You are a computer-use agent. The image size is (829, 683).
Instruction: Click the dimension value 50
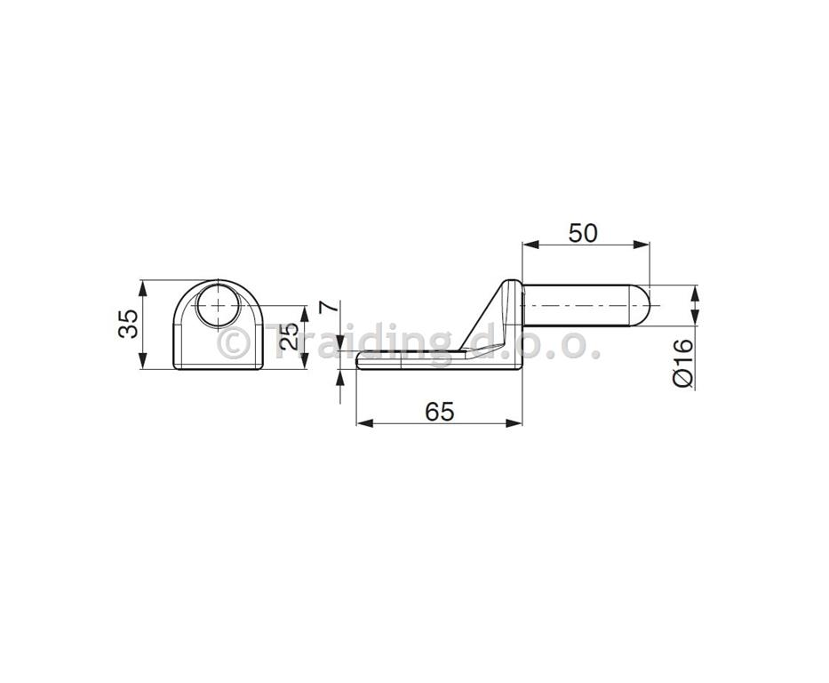click(x=583, y=233)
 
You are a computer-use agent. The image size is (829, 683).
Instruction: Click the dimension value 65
click(x=439, y=412)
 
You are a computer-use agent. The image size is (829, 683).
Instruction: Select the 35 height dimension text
click(x=128, y=323)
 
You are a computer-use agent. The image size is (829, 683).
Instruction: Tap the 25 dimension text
click(x=289, y=336)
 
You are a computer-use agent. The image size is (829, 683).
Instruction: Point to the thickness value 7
click(x=329, y=306)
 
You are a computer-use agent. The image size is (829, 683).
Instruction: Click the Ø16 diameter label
click(x=683, y=363)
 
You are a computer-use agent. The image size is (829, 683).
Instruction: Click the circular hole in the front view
click(x=219, y=306)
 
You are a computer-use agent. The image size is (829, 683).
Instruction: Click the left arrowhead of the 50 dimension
click(x=530, y=244)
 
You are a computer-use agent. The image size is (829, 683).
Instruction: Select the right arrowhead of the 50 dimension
click(x=642, y=244)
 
